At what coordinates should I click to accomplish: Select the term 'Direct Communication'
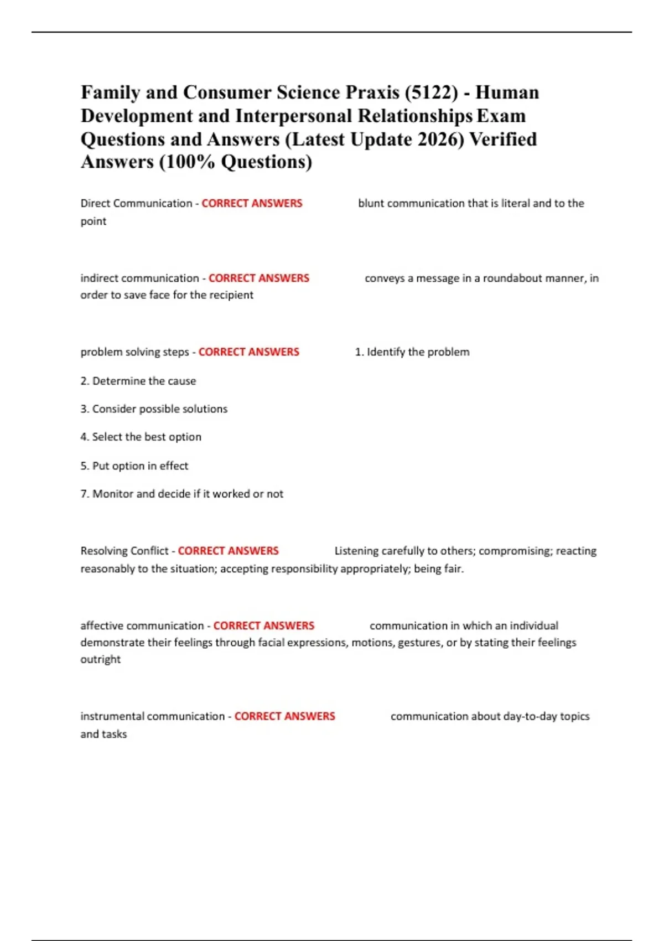[136, 203]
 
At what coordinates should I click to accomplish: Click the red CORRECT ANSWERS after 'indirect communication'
[259, 278]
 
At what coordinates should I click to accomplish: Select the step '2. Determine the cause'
[138, 381]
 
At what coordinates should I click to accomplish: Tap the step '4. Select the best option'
[141, 437]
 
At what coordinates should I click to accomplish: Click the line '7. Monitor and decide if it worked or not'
[182, 494]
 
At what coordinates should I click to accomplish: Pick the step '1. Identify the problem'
[412, 352]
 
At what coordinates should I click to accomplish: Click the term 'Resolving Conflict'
[124, 551]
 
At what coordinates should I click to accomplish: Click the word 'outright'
[100, 659]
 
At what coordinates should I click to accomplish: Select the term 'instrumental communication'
[153, 716]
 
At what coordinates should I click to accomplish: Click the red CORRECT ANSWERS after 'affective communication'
[264, 625]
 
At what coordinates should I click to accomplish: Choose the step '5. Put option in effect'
[134, 466]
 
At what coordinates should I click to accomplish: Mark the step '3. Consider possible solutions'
[154, 409]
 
